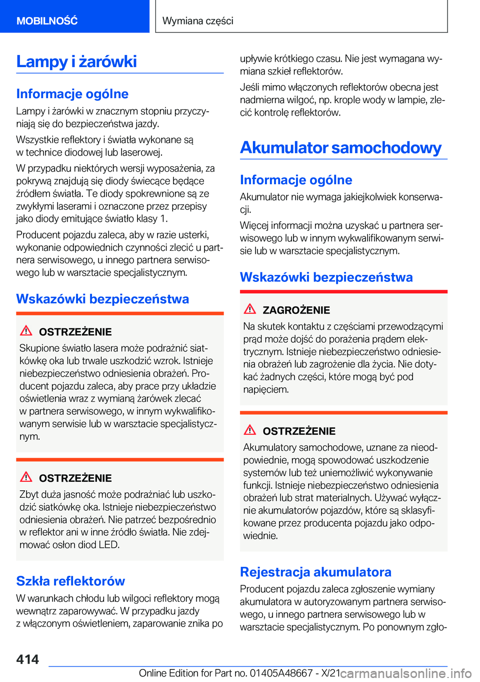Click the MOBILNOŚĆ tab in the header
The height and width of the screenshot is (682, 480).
tap(47, 21)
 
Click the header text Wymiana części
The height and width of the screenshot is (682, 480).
tap(198, 21)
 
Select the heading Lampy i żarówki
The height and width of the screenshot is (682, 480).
tap(76, 62)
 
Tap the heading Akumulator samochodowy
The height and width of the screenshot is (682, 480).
tap(340, 148)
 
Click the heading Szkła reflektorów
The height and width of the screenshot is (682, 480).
tap(70, 581)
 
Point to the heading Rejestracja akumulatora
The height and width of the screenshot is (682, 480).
tap(315, 572)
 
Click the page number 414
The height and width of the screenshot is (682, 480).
tap(27, 659)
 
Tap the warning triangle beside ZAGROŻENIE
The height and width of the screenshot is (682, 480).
tap(250, 309)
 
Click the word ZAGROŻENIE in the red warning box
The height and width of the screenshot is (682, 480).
tap(296, 310)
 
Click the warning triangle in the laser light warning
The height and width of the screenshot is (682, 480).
tap(26, 330)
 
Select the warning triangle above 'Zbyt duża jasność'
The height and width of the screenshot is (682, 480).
tap(26, 477)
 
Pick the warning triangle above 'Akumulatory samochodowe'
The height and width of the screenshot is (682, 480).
tap(250, 430)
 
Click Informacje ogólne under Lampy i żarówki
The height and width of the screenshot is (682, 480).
tap(72, 94)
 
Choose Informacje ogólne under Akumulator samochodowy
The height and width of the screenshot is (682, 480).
tap(296, 180)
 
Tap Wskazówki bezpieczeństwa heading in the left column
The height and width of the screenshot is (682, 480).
tap(102, 299)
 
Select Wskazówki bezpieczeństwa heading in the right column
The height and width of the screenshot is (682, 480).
tap(326, 277)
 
